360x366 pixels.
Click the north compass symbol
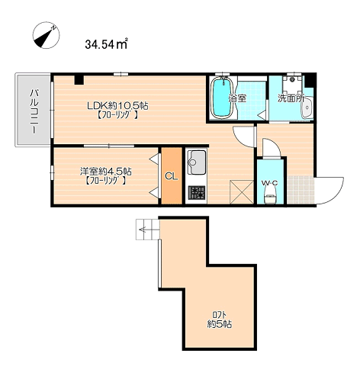click(46, 35)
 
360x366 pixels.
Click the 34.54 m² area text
click(106, 44)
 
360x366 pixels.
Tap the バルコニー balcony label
click(34, 111)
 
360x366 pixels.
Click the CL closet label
click(172, 176)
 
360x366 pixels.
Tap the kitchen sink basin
click(196, 162)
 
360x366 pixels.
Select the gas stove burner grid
click(197, 193)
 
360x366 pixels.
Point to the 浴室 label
click(237, 98)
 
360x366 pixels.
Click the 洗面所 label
click(291, 98)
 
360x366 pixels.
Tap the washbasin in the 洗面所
click(308, 108)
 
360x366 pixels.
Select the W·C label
click(269, 183)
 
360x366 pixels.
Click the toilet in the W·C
click(270, 196)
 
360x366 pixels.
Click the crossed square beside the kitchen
click(242, 192)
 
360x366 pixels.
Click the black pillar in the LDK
click(79, 80)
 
